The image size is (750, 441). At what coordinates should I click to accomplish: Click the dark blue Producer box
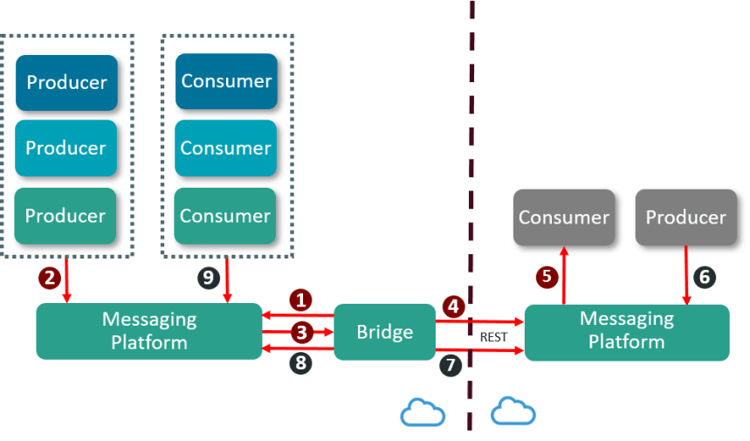click(x=66, y=83)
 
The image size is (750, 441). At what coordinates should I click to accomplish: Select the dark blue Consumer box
click(x=226, y=81)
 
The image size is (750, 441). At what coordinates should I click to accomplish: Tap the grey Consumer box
click(x=563, y=217)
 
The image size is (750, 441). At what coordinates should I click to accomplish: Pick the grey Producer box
click(x=685, y=217)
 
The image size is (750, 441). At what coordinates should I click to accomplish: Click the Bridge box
click(x=385, y=332)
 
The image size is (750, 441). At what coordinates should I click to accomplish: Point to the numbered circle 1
click(x=301, y=300)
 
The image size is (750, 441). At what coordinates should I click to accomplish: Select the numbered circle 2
click(x=49, y=278)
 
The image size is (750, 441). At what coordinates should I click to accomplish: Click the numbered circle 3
click(x=301, y=332)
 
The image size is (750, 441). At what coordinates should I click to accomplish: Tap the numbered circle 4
click(x=451, y=307)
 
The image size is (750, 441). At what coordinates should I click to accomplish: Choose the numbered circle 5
click(x=547, y=278)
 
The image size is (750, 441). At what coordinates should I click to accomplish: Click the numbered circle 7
click(x=450, y=364)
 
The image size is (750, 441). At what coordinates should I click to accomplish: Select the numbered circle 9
click(x=208, y=278)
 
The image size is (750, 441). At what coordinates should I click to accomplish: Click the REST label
click(x=493, y=337)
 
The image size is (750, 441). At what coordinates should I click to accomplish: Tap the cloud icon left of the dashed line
click(x=423, y=411)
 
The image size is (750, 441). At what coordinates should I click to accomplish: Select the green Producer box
click(x=66, y=216)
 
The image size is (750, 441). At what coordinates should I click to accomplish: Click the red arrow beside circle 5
click(x=564, y=274)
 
